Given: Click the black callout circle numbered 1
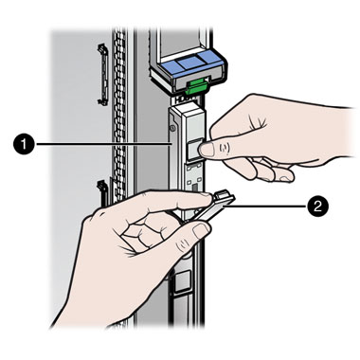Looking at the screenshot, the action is click(25, 144).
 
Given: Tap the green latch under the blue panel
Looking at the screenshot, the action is click(196, 86).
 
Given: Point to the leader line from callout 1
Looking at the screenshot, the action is click(103, 144).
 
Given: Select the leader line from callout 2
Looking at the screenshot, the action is click(265, 206).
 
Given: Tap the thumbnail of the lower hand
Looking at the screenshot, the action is click(201, 231).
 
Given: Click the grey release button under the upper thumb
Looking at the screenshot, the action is click(193, 149).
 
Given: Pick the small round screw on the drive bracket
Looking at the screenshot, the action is click(171, 128).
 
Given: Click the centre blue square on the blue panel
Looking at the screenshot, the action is click(189, 64).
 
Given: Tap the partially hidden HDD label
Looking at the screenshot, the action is click(185, 99).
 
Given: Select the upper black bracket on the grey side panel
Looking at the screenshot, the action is click(101, 74).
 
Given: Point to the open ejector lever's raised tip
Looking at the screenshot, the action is click(224, 194).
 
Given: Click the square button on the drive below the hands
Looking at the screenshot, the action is click(182, 282).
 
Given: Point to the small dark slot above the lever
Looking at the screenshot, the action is click(195, 189).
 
